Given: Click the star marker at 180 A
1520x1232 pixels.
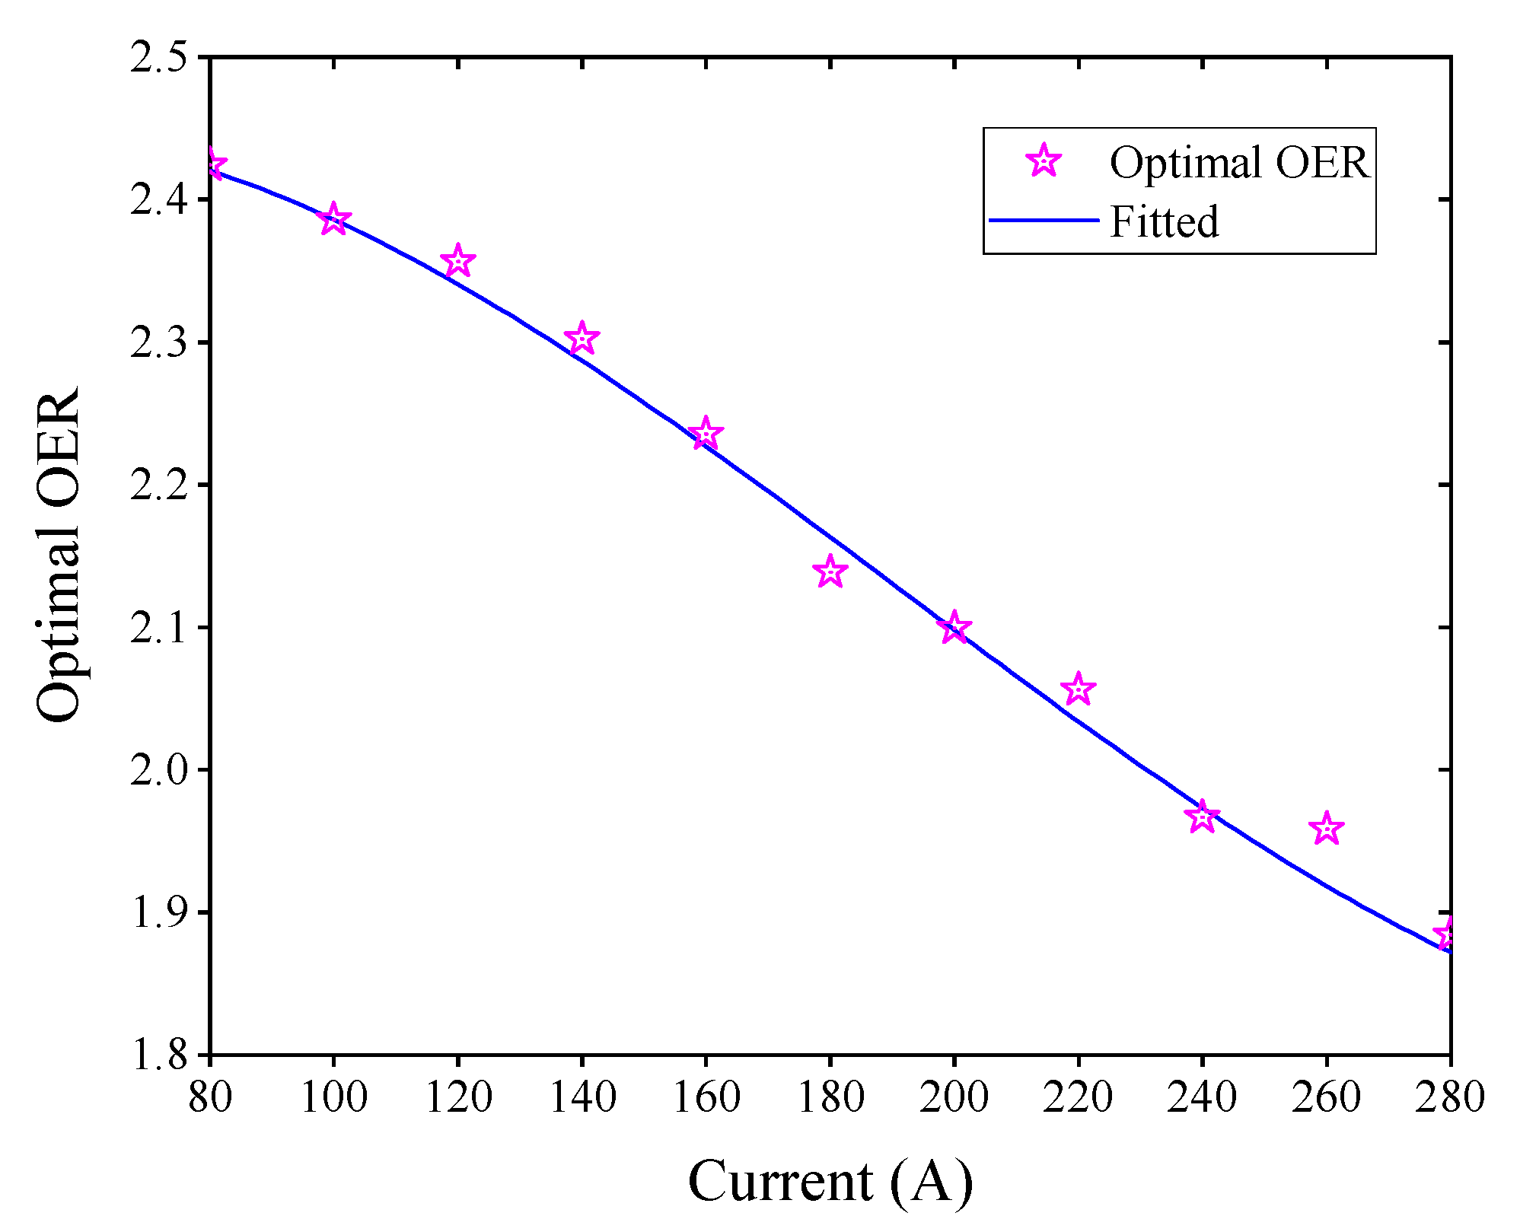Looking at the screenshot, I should click(830, 571).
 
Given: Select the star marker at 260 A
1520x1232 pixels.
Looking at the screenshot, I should click(1326, 828).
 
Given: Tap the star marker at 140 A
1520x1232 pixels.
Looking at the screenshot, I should click(582, 338).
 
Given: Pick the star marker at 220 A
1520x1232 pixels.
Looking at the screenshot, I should click(1078, 689).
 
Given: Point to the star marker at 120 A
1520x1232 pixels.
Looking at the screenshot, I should click(457, 262).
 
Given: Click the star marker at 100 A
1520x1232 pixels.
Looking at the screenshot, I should click(333, 220).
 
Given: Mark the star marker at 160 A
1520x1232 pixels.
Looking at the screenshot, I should click(706, 434).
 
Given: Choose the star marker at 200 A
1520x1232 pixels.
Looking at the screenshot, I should click(954, 628).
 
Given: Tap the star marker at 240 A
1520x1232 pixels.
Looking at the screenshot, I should click(1202, 817).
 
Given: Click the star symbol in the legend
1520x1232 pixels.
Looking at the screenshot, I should click(1044, 161).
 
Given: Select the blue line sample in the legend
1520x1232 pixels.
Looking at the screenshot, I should click(1044, 221).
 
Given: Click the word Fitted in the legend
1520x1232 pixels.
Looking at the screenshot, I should click(1164, 221).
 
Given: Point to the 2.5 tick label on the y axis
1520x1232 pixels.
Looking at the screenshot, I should click(158, 58).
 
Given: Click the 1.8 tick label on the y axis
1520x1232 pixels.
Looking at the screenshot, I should click(158, 1055).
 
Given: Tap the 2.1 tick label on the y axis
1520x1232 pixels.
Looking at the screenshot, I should click(158, 628).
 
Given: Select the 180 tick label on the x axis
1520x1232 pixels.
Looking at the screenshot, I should click(830, 1097).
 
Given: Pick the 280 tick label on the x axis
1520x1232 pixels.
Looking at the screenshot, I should click(1449, 1097).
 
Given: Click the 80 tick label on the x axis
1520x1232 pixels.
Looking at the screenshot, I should click(209, 1097).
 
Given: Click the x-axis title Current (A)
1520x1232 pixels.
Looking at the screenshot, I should click(830, 1182).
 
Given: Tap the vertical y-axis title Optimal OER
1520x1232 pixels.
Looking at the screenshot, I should click(58, 556).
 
